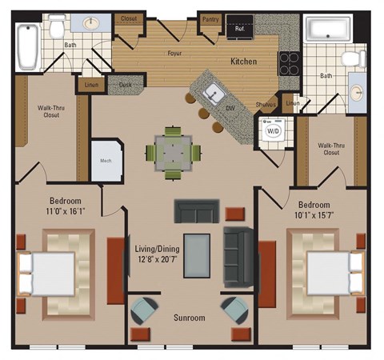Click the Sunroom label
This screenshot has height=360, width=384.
[x=190, y=318]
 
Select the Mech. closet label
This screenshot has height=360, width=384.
[x=104, y=158]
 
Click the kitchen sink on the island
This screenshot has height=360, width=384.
[x=213, y=92]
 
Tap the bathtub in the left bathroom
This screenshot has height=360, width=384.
[x=28, y=47]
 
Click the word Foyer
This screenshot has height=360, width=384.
[x=174, y=56]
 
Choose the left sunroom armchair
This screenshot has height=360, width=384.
[x=146, y=310]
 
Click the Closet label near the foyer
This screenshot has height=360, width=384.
[x=130, y=18]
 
